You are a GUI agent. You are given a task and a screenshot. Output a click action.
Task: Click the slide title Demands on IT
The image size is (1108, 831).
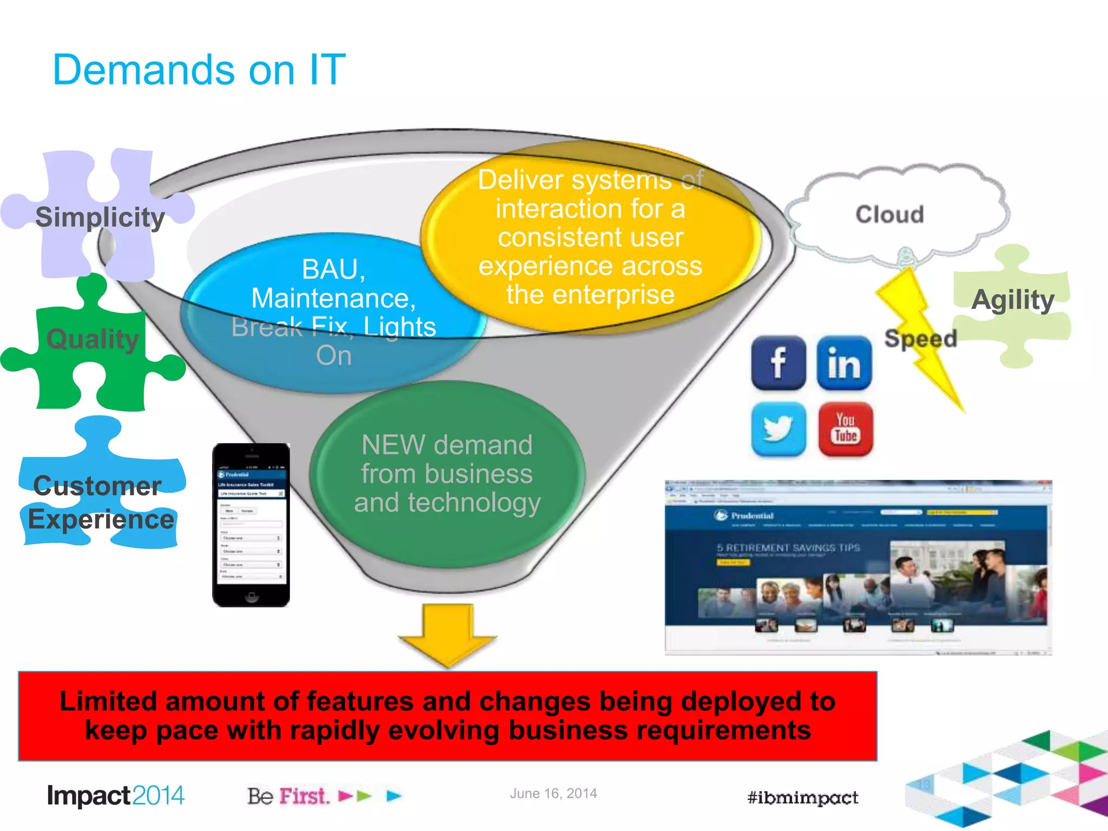click(199, 70)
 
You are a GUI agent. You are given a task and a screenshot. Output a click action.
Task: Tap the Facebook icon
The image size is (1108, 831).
click(778, 363)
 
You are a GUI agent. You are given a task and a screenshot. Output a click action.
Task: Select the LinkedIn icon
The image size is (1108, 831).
click(844, 363)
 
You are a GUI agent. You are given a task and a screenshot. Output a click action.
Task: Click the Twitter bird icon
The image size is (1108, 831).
click(778, 429)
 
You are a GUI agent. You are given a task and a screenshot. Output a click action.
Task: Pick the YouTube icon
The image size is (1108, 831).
click(845, 429)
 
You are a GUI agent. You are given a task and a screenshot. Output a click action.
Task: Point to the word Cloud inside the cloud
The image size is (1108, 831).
click(889, 215)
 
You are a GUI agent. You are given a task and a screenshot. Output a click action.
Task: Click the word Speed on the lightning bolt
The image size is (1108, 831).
click(920, 339)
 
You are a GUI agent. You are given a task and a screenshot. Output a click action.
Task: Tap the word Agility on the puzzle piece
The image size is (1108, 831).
click(1012, 300)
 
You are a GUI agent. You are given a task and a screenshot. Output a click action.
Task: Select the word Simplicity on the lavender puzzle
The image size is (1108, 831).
click(100, 217)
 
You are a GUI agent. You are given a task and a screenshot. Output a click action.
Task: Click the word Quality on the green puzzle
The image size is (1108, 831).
click(93, 340)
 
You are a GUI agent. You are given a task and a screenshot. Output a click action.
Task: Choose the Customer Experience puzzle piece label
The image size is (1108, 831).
click(100, 503)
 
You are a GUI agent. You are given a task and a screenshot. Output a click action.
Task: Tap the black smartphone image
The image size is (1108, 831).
click(251, 525)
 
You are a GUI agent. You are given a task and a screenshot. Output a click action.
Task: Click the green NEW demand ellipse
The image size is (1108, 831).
click(447, 474)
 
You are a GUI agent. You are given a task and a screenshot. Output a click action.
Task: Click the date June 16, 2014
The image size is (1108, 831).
click(553, 794)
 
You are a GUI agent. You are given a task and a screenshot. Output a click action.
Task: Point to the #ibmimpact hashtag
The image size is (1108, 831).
click(802, 797)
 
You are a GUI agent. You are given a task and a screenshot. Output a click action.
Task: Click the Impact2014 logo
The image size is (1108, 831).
click(116, 796)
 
